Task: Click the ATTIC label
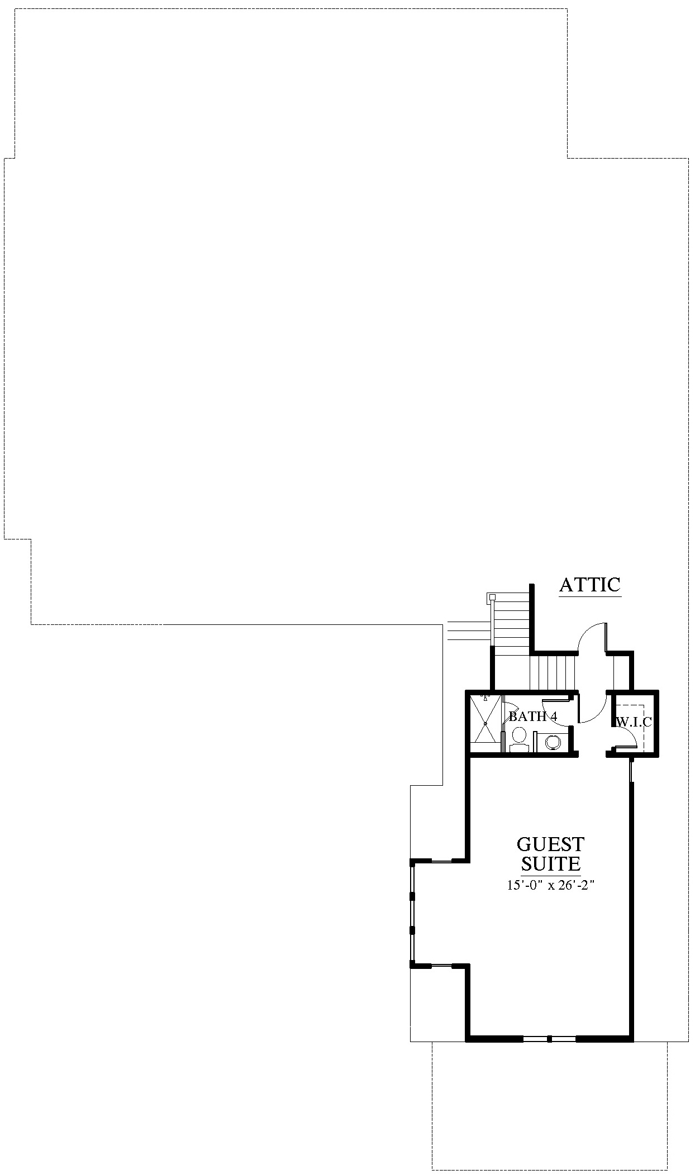pos(590,585)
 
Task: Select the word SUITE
pos(551,864)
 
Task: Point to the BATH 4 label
pos(532,717)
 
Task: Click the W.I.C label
pos(634,722)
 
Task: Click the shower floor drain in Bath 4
pos(485,724)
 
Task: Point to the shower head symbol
pos(485,698)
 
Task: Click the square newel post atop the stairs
pos(492,597)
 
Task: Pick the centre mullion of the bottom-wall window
pos(550,1039)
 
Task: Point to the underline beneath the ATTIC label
pos(590,596)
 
